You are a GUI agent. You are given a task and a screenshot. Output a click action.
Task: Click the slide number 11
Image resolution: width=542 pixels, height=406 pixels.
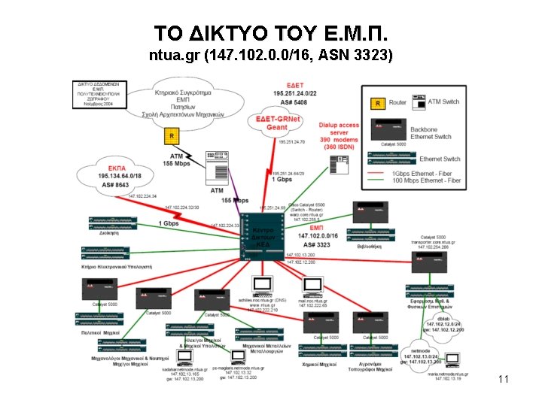[x=504, y=380]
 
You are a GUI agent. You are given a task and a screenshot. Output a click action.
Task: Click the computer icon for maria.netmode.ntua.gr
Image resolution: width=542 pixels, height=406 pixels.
[x=452, y=361]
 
